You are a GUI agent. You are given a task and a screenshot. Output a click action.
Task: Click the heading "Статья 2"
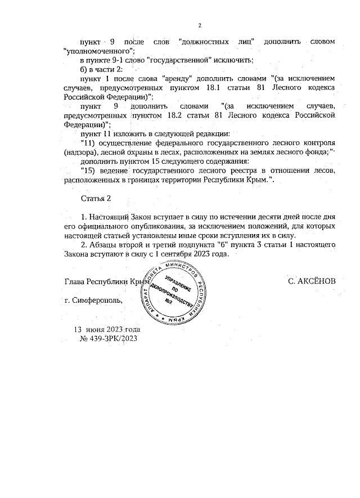click(x=96, y=199)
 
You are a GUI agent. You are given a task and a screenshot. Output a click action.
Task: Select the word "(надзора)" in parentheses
click(x=81, y=152)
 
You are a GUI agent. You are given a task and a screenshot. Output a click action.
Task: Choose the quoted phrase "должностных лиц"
click(x=213, y=42)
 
